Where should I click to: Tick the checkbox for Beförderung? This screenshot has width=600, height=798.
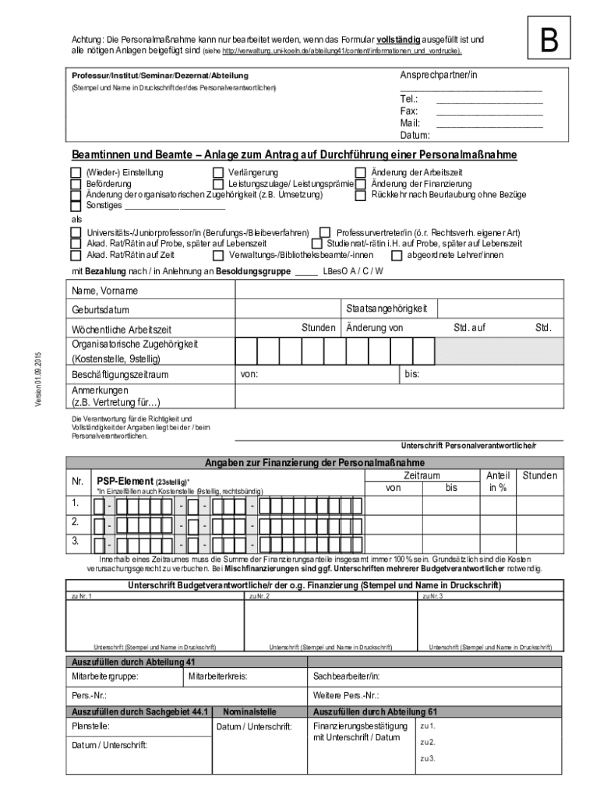click(x=76, y=184)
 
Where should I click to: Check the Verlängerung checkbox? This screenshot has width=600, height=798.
click(x=218, y=173)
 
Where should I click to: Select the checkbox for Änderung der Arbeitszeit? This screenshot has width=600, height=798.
click(x=361, y=173)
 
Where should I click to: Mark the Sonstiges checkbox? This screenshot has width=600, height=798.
click(x=76, y=207)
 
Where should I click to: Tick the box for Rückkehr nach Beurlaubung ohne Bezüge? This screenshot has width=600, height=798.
click(x=361, y=195)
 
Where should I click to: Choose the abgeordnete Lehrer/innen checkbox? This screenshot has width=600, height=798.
click(x=397, y=255)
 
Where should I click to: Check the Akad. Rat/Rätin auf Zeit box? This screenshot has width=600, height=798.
click(x=76, y=255)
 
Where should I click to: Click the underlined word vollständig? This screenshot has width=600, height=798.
click(x=399, y=38)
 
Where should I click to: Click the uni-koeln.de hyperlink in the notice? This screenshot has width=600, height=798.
click(x=342, y=51)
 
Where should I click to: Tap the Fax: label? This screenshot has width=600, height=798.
click(x=409, y=111)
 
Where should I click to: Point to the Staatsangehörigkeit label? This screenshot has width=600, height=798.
click(x=386, y=309)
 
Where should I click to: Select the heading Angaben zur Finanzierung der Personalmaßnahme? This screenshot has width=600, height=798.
click(x=315, y=463)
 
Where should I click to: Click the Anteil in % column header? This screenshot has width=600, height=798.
click(x=498, y=482)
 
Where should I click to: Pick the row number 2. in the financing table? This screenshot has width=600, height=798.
click(x=76, y=521)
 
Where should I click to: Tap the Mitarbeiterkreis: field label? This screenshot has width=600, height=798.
click(x=217, y=676)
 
